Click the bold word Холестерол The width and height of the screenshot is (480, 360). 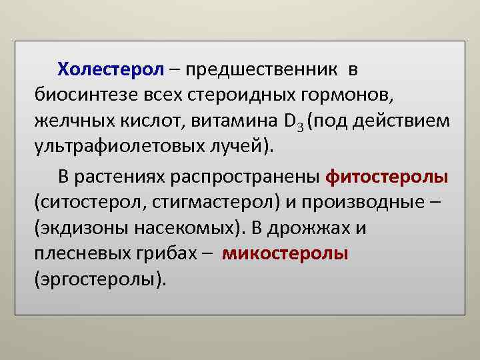[110, 69]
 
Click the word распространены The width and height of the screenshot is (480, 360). [246, 177]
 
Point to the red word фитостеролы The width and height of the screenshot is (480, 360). [387, 177]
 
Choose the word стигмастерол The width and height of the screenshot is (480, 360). [197, 202]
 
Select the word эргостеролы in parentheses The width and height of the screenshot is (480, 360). [97, 279]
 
